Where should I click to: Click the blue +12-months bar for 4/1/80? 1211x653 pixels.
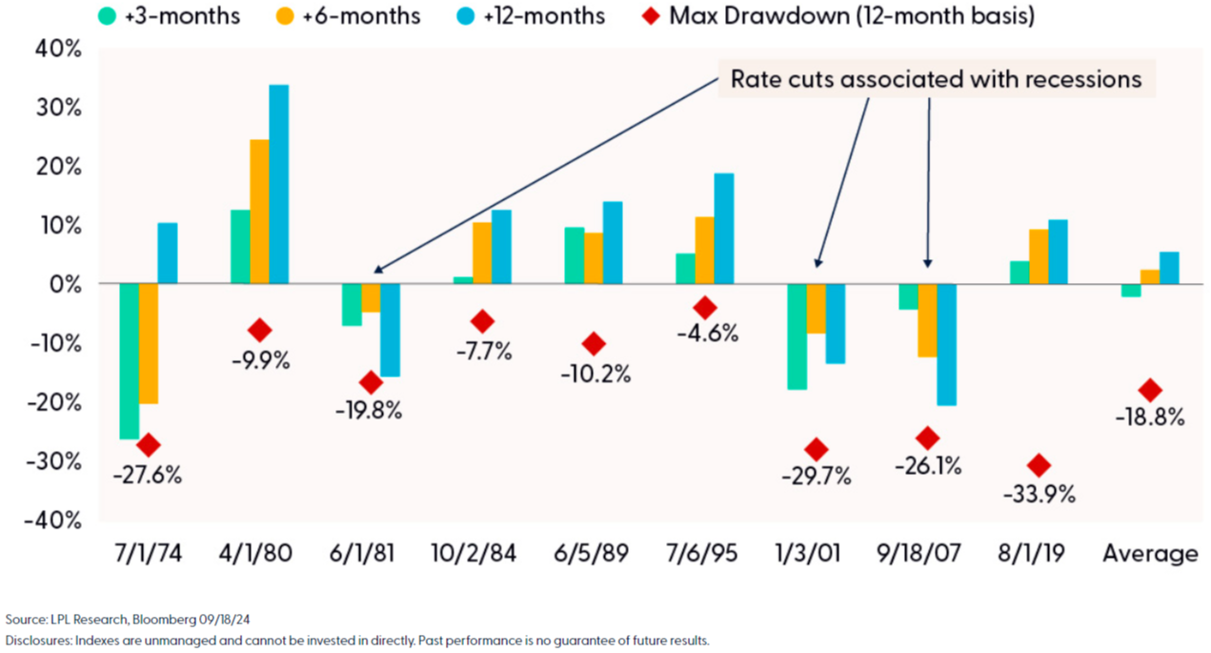click(279, 184)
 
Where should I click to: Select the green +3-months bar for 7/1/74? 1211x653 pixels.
click(129, 360)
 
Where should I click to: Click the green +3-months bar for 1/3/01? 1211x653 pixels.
click(797, 337)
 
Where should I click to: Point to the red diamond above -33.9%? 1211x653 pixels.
click(1039, 465)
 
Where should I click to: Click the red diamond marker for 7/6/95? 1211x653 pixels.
click(705, 307)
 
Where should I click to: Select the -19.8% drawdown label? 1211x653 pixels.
click(368, 411)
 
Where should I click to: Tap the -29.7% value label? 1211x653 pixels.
click(816, 477)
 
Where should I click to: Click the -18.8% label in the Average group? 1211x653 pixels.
click(1150, 417)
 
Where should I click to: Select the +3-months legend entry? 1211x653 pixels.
click(172, 15)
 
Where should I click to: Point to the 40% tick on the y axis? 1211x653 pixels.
click(59, 49)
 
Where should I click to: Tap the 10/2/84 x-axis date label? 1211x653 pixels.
click(473, 554)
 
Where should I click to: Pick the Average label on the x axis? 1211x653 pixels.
click(1150, 554)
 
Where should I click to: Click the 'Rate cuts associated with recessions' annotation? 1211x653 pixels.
click(936, 79)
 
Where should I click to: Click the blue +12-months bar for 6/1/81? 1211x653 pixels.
click(388, 330)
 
